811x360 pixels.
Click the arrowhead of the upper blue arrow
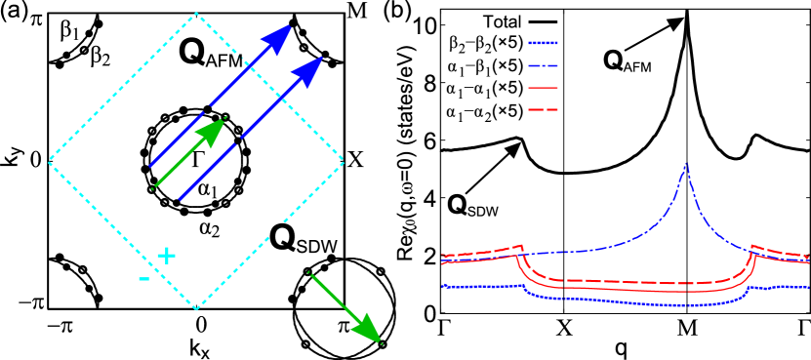(x=279, y=38)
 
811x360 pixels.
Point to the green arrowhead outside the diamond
(x=368, y=330)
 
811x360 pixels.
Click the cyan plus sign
(x=167, y=256)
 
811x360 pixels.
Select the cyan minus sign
(x=144, y=279)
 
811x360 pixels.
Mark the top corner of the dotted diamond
(x=196, y=13)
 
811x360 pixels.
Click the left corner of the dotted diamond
(x=50, y=161)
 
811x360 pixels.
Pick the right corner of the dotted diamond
(x=344, y=161)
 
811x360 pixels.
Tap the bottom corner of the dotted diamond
(x=196, y=309)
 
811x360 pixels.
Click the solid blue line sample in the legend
(x=543, y=43)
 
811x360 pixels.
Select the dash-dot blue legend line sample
(x=543, y=65)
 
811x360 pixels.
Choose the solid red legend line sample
(x=543, y=88)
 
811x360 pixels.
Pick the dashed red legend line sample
(x=543, y=109)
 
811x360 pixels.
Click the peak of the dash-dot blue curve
(x=686, y=163)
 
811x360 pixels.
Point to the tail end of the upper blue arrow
(x=150, y=167)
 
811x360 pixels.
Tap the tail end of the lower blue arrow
(x=180, y=200)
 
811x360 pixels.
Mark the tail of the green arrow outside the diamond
(x=309, y=273)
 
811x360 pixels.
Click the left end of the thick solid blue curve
(x=443, y=287)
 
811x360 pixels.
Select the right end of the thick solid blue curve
(x=808, y=288)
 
